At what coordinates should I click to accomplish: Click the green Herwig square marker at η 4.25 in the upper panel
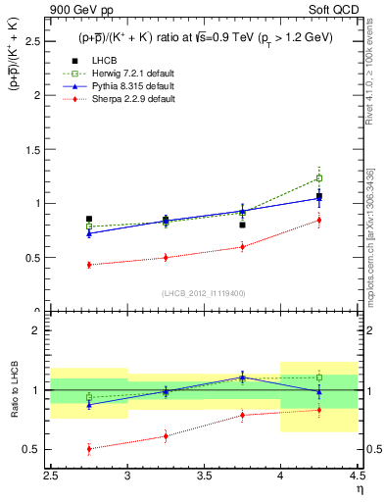318,178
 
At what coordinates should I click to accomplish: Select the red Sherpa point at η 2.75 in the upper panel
89,265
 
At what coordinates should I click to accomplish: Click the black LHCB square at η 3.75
242,225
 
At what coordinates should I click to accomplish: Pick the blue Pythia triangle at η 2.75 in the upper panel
89,233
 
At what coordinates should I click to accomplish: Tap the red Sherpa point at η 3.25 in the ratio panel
166,436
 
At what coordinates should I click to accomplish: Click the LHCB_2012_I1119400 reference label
203,293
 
